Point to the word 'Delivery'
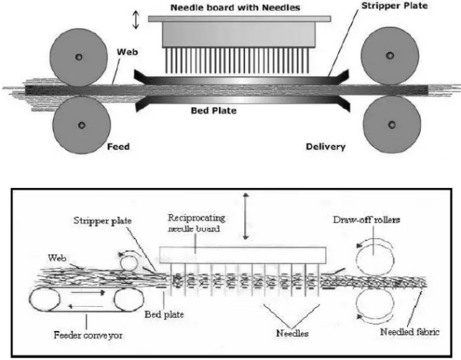tap(323, 146)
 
